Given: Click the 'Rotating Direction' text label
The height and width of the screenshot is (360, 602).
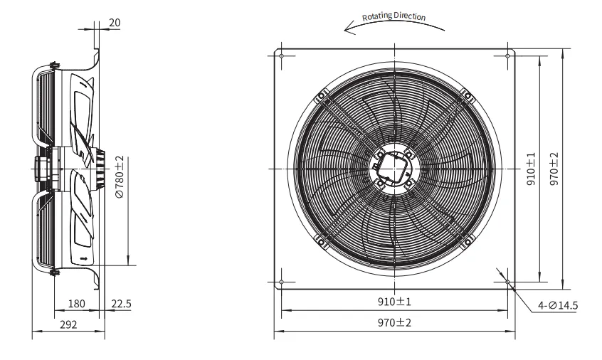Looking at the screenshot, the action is (x=394, y=16).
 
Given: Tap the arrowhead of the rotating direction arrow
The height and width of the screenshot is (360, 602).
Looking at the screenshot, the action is (x=349, y=28).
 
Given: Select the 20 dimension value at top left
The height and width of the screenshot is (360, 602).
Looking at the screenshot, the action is (x=115, y=23).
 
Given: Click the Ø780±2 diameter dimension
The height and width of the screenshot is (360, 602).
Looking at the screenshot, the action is (x=120, y=177).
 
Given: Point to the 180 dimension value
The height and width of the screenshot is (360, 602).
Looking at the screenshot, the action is (x=76, y=304).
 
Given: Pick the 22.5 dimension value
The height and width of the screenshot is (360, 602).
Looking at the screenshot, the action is (x=121, y=304).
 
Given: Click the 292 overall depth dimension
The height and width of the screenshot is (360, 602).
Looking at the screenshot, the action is (x=68, y=324).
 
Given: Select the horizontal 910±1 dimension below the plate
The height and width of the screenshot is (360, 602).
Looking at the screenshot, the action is (x=394, y=302).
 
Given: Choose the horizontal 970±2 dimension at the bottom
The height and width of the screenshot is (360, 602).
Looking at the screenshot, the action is (x=394, y=322).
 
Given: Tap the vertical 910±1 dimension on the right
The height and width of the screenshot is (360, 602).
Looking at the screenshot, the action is (x=531, y=169).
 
